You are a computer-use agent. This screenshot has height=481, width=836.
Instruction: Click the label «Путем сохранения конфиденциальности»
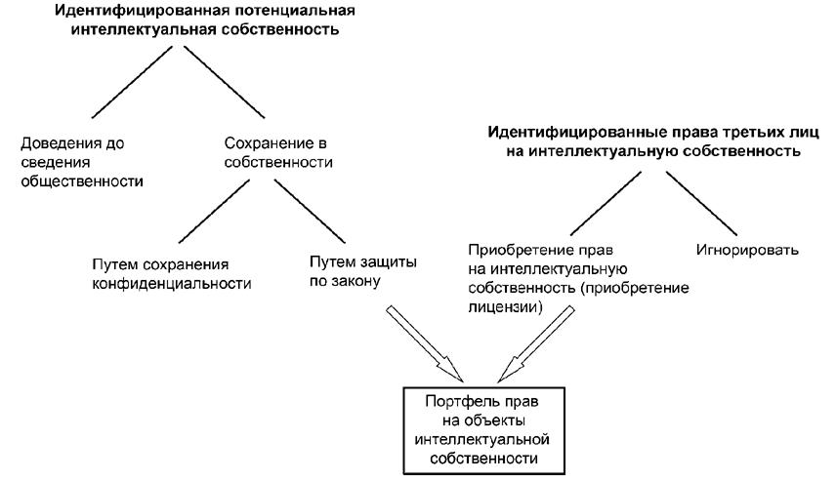(166, 274)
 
